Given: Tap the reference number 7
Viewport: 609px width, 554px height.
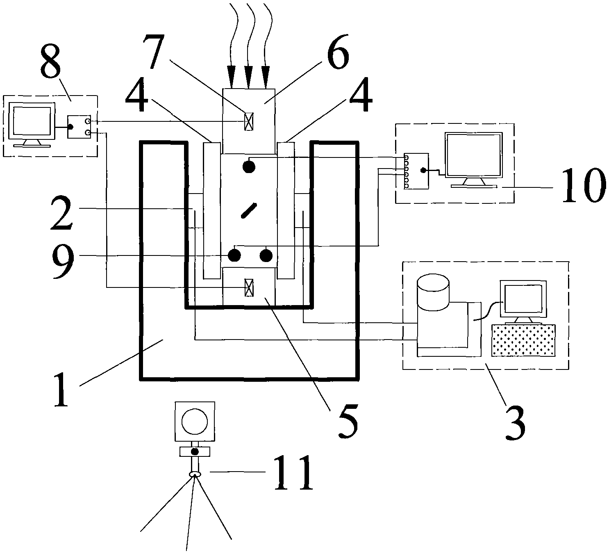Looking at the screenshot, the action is (155, 51).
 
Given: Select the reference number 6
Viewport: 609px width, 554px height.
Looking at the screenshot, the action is (337, 52).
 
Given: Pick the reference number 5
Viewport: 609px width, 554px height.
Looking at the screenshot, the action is (348, 421).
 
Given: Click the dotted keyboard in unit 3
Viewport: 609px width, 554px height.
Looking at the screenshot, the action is (523, 340).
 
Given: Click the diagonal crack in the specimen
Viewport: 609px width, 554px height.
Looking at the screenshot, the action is (249, 210).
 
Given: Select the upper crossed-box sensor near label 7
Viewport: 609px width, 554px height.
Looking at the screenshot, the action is (249, 121).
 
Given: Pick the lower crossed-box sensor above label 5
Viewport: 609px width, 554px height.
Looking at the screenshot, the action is (249, 287).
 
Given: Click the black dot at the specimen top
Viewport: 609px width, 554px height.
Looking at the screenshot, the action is (249, 166).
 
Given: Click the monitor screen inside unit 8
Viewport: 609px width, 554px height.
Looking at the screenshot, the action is (32, 121).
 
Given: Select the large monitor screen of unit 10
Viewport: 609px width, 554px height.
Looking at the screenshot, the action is (474, 155).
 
